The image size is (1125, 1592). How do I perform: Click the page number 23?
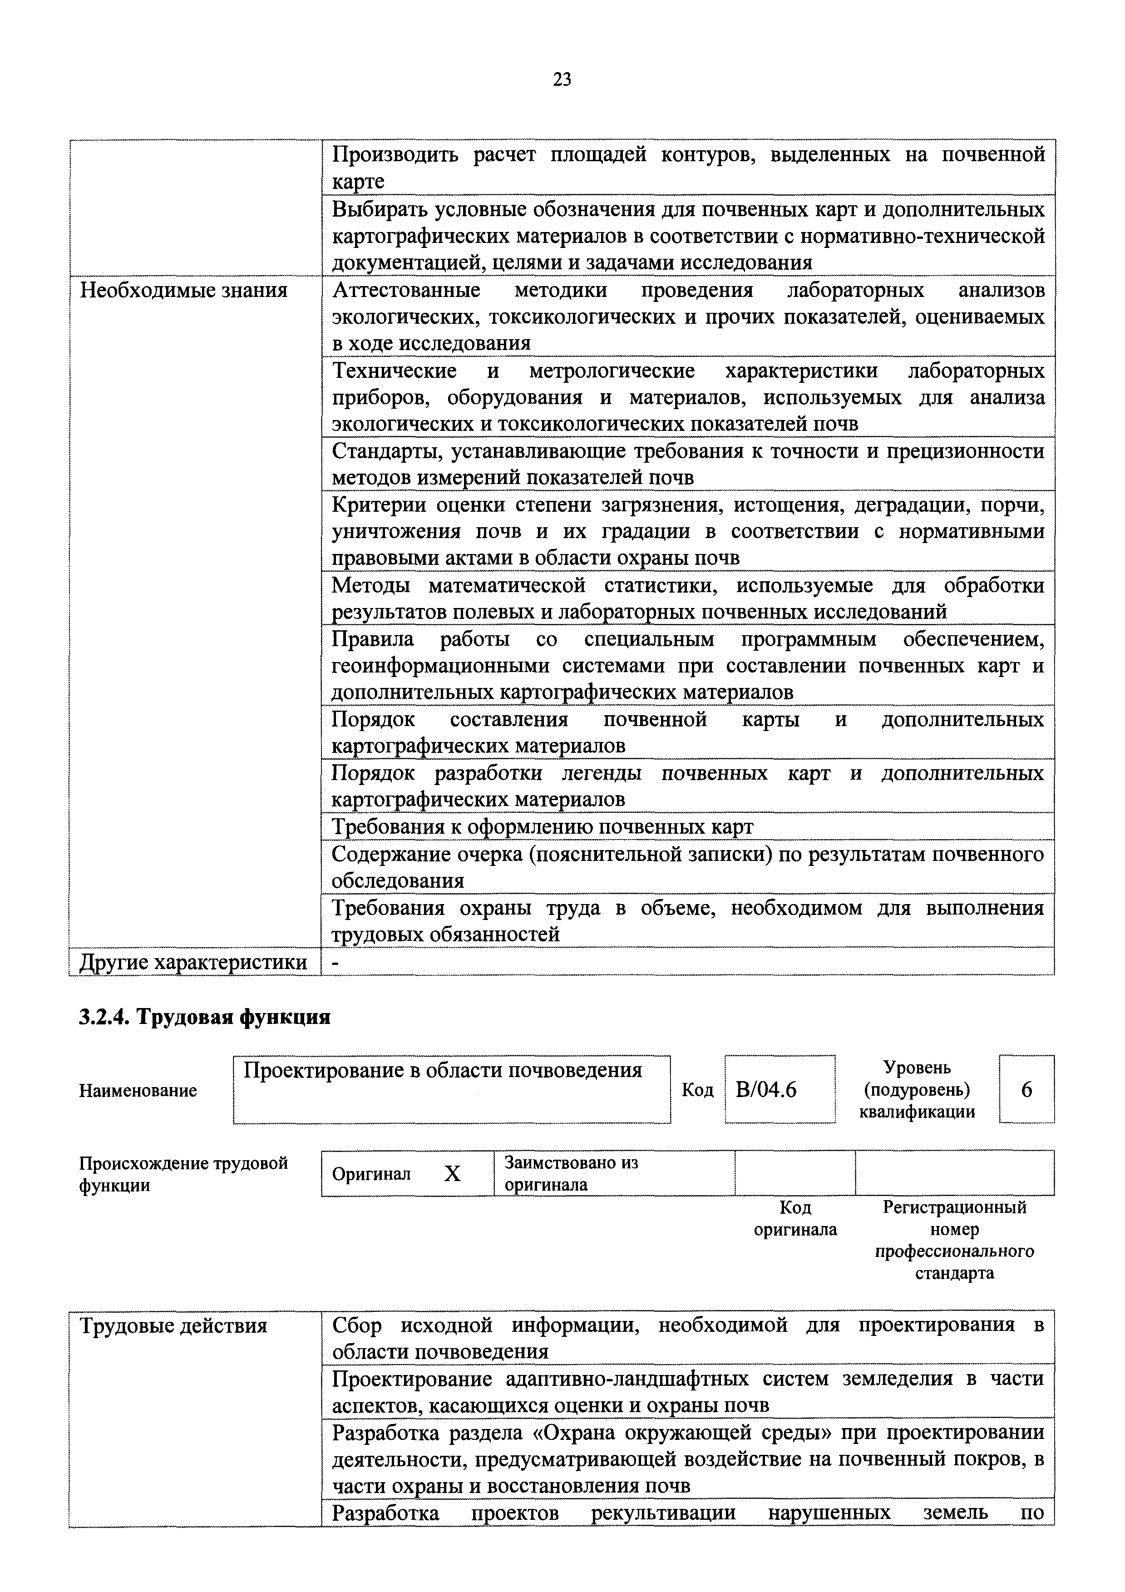[x=562, y=80]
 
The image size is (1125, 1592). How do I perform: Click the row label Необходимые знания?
[x=184, y=290]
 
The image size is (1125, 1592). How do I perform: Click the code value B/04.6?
[x=767, y=1090]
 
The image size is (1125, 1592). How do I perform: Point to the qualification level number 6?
[x=1026, y=1090]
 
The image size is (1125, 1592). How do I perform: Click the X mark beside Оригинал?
[x=452, y=1174]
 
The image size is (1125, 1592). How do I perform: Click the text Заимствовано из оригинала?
[x=571, y=1173]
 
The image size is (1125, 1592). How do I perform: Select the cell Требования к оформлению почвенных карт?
[x=542, y=826]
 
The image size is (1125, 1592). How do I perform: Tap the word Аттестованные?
[x=406, y=290]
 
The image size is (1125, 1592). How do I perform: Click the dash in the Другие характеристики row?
[x=336, y=962]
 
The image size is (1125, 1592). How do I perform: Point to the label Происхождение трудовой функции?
[x=184, y=1174]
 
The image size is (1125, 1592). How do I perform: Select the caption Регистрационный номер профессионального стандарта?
[x=954, y=1240]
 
